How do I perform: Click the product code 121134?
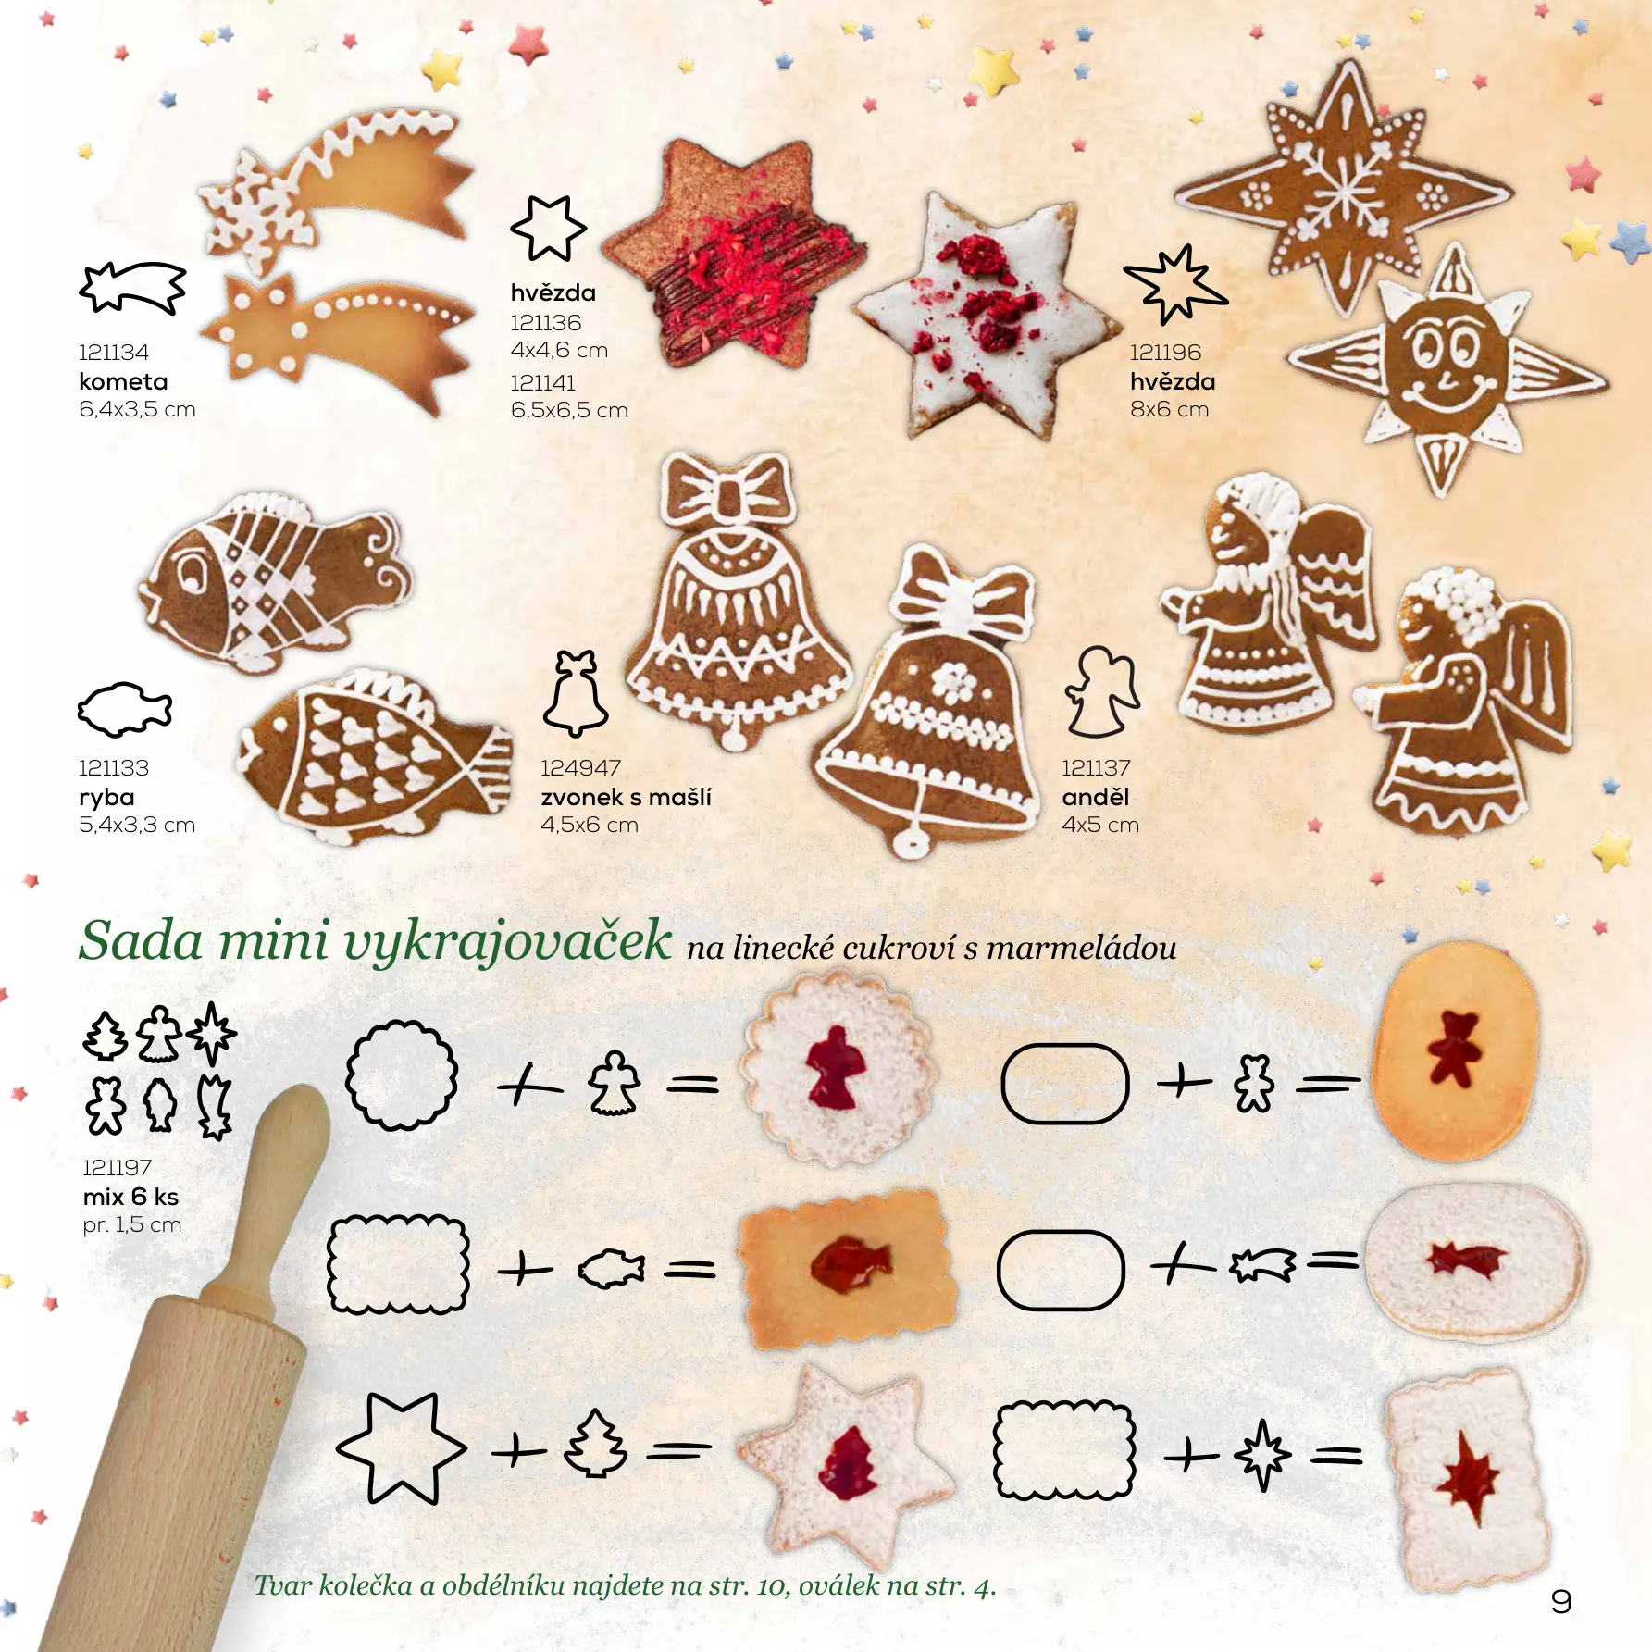click(x=113, y=353)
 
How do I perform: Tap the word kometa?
click(x=123, y=381)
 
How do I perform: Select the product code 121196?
click(x=1165, y=353)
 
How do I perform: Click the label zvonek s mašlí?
click(x=626, y=797)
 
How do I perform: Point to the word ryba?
click(x=106, y=798)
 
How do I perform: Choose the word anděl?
click(x=1095, y=797)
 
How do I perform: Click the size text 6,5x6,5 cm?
click(x=569, y=410)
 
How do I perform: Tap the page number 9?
click(x=1560, y=1602)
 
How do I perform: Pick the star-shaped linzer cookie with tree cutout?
click(x=844, y=1464)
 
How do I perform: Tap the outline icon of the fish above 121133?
click(x=124, y=710)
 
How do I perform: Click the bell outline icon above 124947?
click(x=575, y=693)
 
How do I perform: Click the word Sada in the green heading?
click(x=141, y=941)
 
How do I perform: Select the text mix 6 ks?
click(x=130, y=1197)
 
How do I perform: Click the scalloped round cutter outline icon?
click(x=402, y=1075)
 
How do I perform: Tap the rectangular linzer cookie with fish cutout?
click(x=848, y=1264)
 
